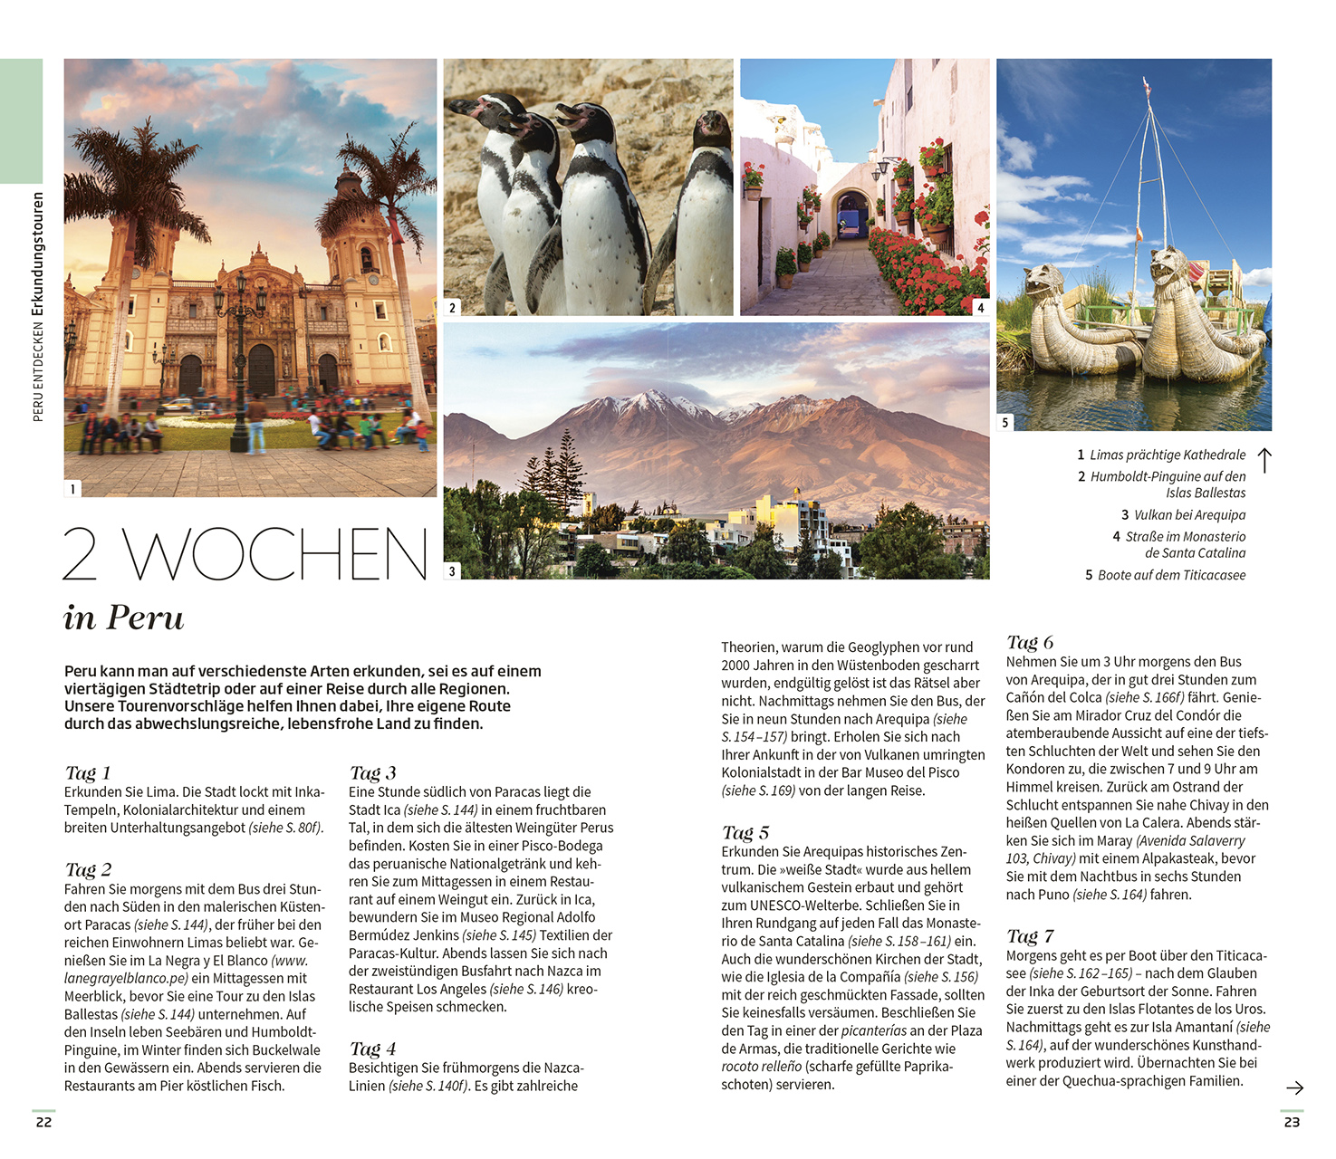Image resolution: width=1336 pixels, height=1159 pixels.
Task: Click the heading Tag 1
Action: click(x=88, y=773)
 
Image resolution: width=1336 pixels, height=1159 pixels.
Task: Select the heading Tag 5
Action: click(x=745, y=833)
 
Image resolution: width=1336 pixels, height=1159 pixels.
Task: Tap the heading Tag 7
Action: click(x=1030, y=936)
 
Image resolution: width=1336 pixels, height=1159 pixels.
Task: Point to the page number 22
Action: click(x=43, y=1122)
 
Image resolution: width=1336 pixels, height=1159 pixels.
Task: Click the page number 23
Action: click(x=1292, y=1122)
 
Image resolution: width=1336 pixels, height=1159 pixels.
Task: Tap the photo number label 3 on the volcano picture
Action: click(x=453, y=571)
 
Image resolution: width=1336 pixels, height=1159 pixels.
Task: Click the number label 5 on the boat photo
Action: click(x=1005, y=423)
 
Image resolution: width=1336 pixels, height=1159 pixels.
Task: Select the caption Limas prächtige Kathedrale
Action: click(x=1167, y=455)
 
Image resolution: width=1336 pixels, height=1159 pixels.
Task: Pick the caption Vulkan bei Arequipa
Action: click(x=1188, y=515)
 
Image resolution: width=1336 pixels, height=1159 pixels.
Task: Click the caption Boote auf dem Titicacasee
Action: click(x=1170, y=575)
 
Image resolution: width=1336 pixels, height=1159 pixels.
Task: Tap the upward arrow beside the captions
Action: click(x=1265, y=460)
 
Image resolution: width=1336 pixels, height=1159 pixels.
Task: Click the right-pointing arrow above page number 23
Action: click(x=1294, y=1087)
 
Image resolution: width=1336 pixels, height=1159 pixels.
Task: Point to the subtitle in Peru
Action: click(x=124, y=618)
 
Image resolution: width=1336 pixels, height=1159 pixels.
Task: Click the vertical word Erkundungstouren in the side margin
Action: click(x=38, y=254)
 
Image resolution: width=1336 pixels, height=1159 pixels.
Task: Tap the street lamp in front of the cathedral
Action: click(x=239, y=362)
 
